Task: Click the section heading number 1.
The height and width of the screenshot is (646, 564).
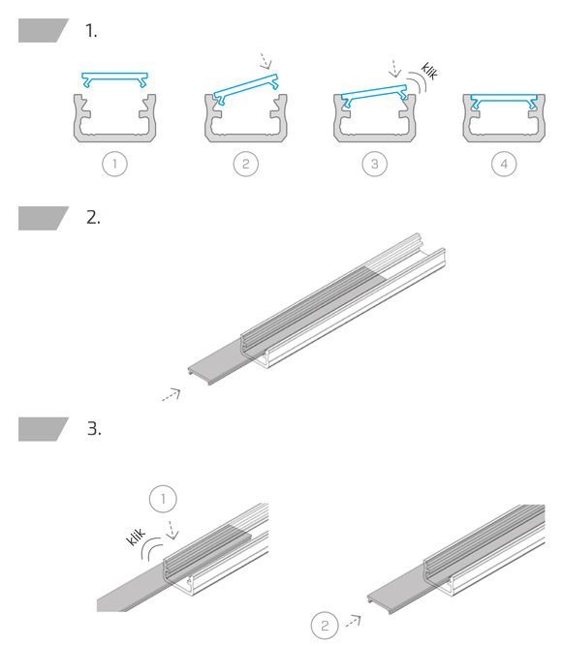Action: tap(91, 31)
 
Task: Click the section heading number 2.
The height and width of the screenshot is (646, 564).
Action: tap(93, 218)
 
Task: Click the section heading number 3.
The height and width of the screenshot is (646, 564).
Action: tap(94, 429)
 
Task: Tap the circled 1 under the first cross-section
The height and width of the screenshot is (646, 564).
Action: tap(114, 164)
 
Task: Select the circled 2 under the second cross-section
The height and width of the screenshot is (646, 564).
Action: tap(246, 164)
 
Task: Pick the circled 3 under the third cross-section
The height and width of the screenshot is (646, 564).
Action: tap(374, 164)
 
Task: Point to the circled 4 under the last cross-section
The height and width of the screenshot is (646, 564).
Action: tap(504, 164)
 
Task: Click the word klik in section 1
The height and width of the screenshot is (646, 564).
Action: tap(429, 71)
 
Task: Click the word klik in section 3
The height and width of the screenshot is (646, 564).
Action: tap(136, 538)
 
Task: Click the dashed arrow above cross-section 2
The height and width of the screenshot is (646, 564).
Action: tap(265, 61)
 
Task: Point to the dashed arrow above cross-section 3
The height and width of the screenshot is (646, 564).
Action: tap(395, 69)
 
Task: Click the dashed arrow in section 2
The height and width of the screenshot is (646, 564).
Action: tap(172, 395)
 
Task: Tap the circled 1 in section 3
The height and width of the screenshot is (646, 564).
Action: tap(163, 499)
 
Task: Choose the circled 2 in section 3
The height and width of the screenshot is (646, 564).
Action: tap(325, 626)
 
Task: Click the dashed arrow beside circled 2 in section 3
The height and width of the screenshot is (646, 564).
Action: tap(354, 621)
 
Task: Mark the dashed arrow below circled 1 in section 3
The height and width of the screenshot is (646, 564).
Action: tap(172, 530)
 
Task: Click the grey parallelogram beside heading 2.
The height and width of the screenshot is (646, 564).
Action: tap(44, 218)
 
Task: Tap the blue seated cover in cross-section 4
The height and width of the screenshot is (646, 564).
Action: tap(504, 99)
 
